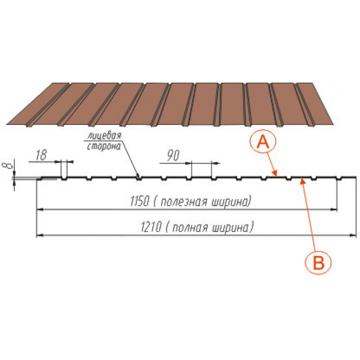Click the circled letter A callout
pyautogui.click(x=263, y=142)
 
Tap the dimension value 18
pyautogui.click(x=41, y=155)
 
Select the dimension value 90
pyautogui.click(x=173, y=155)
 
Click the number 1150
pyautogui.click(x=139, y=201)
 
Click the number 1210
pyautogui.click(x=151, y=227)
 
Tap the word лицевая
pyautogui.click(x=104, y=135)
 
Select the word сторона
pyautogui.click(x=104, y=146)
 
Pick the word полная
pyautogui.click(x=190, y=227)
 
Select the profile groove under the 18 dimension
pyautogui.click(x=64, y=178)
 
